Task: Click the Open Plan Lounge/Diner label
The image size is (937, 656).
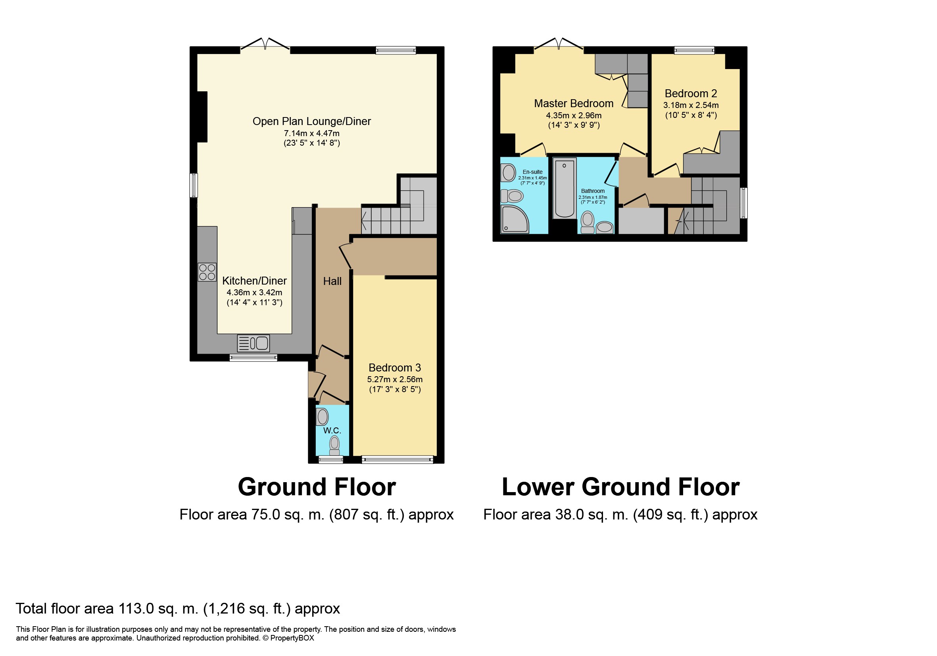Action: pyautogui.click(x=311, y=121)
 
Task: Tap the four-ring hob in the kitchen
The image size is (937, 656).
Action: pyautogui.click(x=207, y=272)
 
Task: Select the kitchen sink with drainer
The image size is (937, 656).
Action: pyautogui.click(x=253, y=343)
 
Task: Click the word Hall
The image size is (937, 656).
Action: pyautogui.click(x=332, y=281)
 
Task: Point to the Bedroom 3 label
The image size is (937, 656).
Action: pyautogui.click(x=395, y=367)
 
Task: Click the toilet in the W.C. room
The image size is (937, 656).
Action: pyautogui.click(x=335, y=445)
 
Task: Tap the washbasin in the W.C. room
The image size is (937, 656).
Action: pyautogui.click(x=323, y=416)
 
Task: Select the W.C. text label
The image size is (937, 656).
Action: pyautogui.click(x=332, y=430)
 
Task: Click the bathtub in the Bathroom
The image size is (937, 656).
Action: pyautogui.click(x=565, y=188)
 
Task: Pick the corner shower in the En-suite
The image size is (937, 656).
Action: pyautogui.click(x=514, y=219)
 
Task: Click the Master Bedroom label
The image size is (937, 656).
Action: pyautogui.click(x=574, y=103)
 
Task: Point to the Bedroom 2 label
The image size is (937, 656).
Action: pyautogui.click(x=691, y=94)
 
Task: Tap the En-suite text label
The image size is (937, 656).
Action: pyautogui.click(x=533, y=172)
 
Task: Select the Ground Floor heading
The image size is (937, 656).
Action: pyautogui.click(x=317, y=487)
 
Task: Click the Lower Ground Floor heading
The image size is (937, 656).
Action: pyautogui.click(x=620, y=487)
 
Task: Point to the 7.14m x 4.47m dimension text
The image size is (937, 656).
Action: pyautogui.click(x=312, y=133)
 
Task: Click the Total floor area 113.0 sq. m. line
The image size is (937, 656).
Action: pyautogui.click(x=178, y=609)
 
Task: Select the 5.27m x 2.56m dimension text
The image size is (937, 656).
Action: pyautogui.click(x=395, y=379)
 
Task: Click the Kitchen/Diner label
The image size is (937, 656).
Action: pyautogui.click(x=254, y=281)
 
